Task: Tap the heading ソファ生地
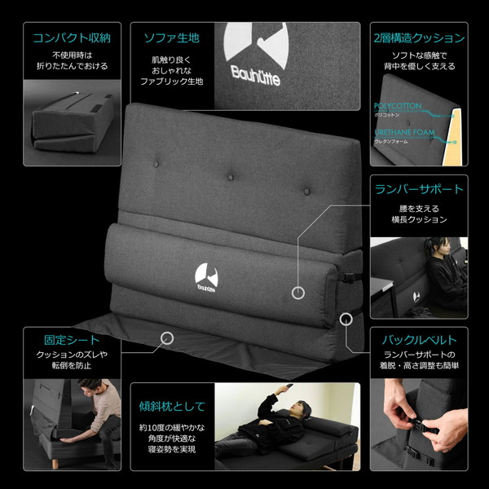click(171, 37)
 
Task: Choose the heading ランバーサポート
click(419, 189)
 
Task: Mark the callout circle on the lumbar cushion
click(299, 291)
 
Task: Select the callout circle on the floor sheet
click(168, 336)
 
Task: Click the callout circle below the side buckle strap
click(346, 317)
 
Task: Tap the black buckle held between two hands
click(424, 424)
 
